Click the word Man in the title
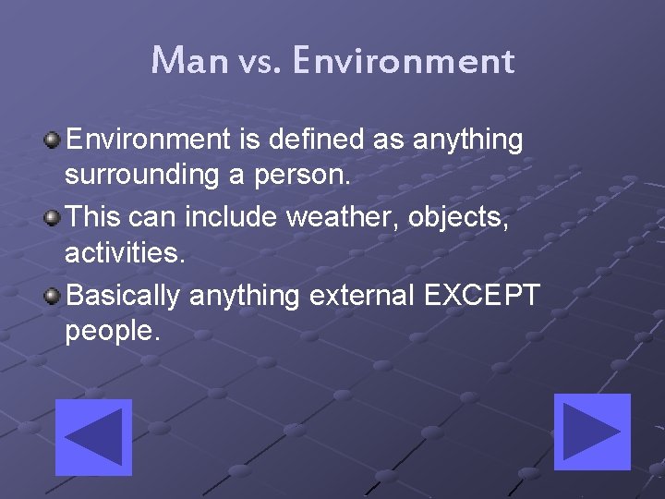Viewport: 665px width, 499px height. point(189,61)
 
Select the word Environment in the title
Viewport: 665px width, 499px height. point(403,61)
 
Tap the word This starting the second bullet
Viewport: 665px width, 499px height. point(96,217)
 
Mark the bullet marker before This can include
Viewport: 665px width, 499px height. point(53,218)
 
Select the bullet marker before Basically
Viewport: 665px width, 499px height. point(53,296)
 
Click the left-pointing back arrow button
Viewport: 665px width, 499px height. point(93,437)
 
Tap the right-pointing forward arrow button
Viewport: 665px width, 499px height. point(591,432)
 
